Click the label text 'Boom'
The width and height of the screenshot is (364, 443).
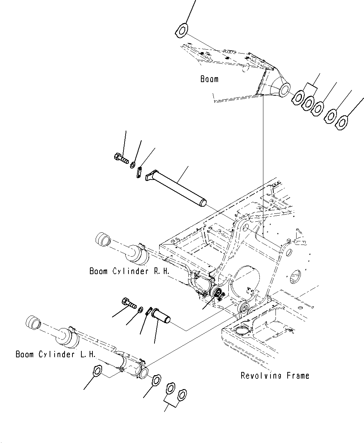(x=209, y=79)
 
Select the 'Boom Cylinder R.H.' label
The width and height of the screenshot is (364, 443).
(x=129, y=271)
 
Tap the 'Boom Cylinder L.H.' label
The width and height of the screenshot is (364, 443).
(x=55, y=354)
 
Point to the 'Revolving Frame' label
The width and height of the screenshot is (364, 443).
(x=275, y=376)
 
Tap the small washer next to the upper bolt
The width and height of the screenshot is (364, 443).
(x=133, y=165)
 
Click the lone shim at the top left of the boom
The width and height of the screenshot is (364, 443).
(x=182, y=30)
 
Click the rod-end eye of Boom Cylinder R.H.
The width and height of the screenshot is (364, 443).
(x=103, y=239)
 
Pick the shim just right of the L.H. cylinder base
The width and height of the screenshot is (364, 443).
(x=156, y=380)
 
